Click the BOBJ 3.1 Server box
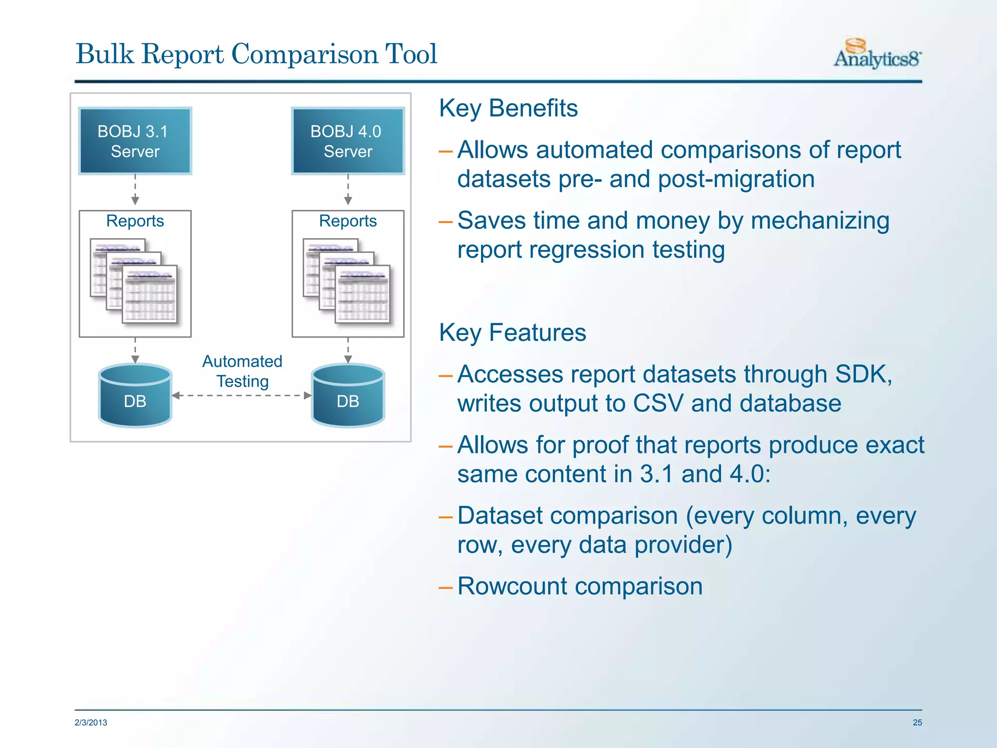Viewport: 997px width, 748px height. pos(135,141)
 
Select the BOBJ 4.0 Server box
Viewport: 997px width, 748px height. pos(348,141)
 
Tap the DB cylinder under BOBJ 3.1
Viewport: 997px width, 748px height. pos(135,395)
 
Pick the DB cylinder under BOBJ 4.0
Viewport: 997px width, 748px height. pos(348,395)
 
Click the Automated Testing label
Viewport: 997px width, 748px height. pos(242,371)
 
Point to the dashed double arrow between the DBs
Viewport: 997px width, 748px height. pos(242,395)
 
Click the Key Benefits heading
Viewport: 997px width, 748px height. pos(508,108)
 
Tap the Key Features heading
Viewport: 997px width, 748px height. pos(512,333)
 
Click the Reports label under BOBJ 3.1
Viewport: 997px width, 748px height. pos(135,221)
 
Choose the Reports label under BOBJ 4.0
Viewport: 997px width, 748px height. pos(348,221)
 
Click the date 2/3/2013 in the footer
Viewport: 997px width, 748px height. pos(91,723)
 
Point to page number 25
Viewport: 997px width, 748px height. pos(917,723)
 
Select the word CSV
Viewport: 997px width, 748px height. pos(658,404)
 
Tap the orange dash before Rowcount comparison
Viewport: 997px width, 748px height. pos(445,588)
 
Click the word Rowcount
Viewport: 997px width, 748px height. pos(512,586)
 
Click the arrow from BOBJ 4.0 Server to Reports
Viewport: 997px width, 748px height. pos(348,191)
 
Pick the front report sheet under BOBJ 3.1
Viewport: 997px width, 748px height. pos(149,294)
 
